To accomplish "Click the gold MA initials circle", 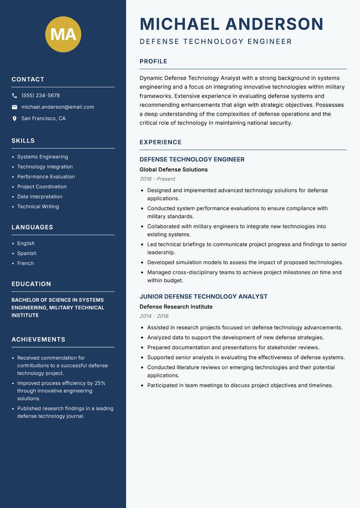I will coord(63,34).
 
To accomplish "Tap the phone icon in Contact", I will coord(14,96).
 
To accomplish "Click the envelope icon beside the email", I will coord(14,107).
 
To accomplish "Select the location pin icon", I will coord(14,119).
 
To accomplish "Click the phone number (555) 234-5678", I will coord(40,96).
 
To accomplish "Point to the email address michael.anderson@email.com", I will coord(58,107).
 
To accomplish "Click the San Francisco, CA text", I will coord(43,119).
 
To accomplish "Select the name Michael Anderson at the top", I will coord(231,24).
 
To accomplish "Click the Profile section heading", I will coord(153,62).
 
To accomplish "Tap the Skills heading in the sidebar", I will coord(23,141).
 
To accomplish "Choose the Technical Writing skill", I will coord(38,207).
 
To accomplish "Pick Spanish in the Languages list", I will coord(27,254).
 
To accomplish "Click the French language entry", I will coord(25,263).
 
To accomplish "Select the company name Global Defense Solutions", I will coord(173,170).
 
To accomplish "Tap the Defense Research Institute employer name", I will coord(176,307).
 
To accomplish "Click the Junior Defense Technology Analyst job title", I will coord(203,297).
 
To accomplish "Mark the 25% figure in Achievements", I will coord(100,383).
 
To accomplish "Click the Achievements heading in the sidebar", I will coord(38,339).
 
